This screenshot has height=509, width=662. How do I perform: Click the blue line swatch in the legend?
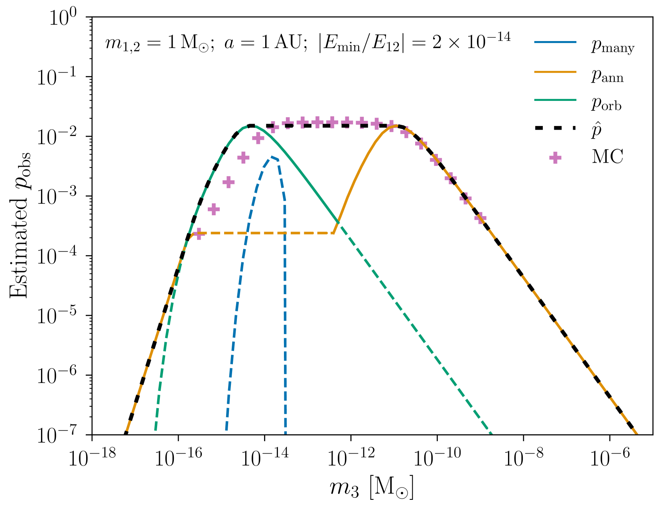pos(555,42)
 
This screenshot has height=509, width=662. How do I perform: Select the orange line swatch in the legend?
pos(555,72)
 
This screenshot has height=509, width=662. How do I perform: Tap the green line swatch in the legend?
pos(555,100)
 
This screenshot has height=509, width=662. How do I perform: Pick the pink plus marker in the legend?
pos(555,158)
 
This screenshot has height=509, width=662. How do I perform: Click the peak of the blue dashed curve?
pos(272,157)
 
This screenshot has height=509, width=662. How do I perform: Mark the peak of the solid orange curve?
pos(395,126)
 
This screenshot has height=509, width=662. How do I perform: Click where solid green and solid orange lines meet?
pos(338,222)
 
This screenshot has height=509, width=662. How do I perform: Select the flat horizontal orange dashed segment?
pos(263,233)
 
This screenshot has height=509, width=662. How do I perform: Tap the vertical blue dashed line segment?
pos(285,319)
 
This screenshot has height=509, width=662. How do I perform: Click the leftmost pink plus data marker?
pos(198,234)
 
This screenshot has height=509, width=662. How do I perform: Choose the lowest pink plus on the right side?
pos(480,218)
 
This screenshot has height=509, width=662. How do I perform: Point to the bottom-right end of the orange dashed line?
pos(637,433)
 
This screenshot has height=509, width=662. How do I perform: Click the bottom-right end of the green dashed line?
pos(491,433)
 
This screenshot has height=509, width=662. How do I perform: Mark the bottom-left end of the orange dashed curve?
pos(127,430)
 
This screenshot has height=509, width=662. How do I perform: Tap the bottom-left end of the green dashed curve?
pos(156,430)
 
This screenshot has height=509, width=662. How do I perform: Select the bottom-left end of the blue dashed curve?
pos(226,430)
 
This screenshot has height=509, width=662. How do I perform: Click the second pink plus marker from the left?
pos(214,209)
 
